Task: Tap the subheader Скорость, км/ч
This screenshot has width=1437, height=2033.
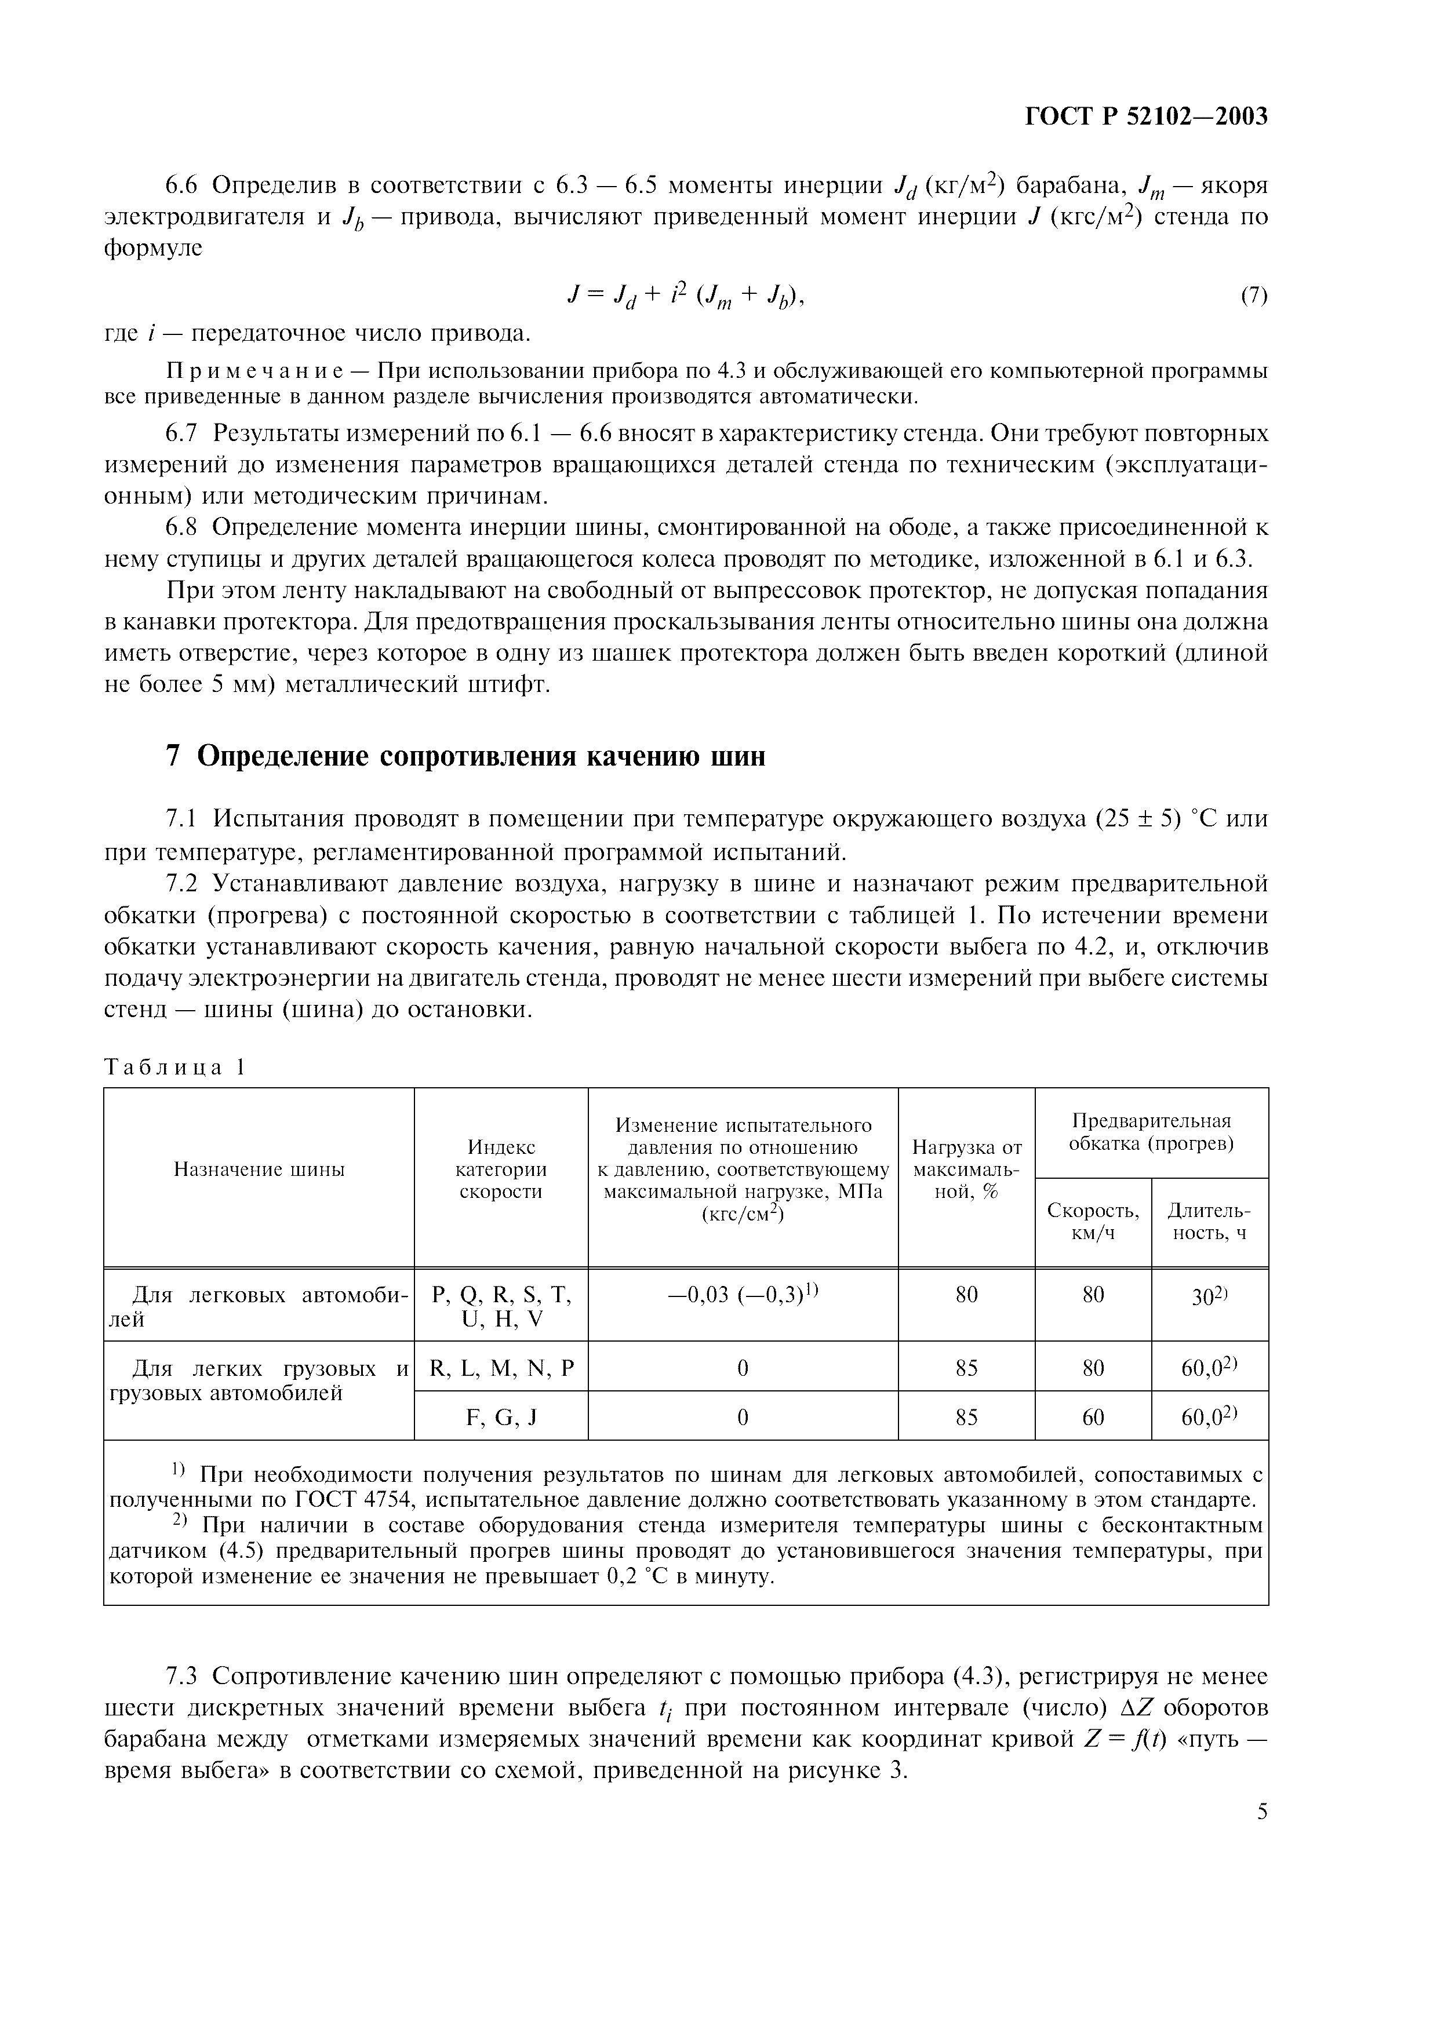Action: [1093, 1221]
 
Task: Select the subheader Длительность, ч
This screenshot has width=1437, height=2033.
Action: [1209, 1221]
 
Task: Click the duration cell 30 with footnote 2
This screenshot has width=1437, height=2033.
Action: [1209, 1295]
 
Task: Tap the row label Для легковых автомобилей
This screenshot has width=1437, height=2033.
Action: [259, 1307]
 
